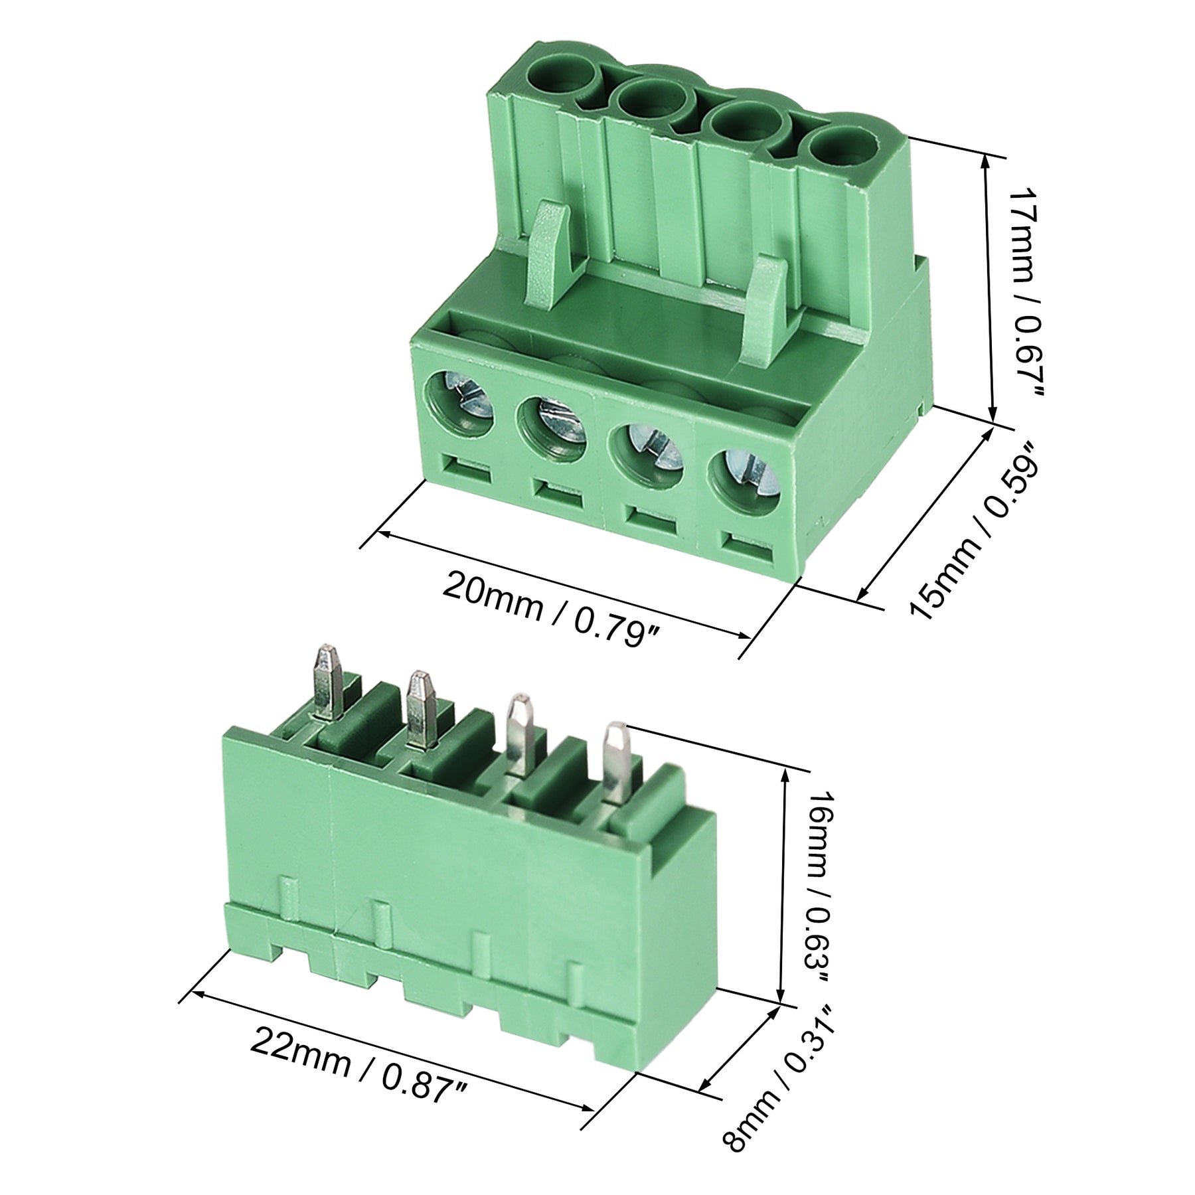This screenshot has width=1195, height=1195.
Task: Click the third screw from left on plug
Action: tap(648, 452)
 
